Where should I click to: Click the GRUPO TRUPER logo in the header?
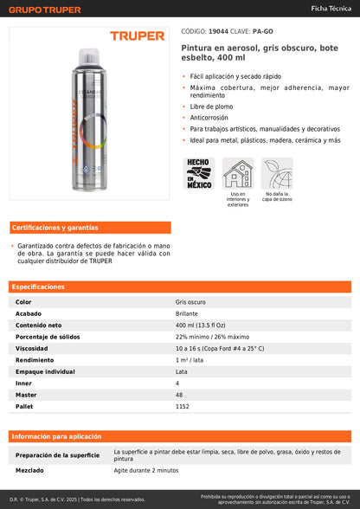coord(45,10)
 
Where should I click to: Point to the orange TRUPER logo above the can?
coord(137,36)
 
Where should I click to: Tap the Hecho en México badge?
coord(198,173)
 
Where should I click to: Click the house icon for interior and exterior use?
coord(238,173)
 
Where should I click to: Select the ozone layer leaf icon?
coord(278,173)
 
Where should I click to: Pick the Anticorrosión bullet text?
coord(210,117)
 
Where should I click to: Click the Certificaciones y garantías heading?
coord(55,228)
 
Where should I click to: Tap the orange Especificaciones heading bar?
coord(180,287)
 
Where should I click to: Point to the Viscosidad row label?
coord(32,348)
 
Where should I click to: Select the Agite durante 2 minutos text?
coord(146,470)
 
